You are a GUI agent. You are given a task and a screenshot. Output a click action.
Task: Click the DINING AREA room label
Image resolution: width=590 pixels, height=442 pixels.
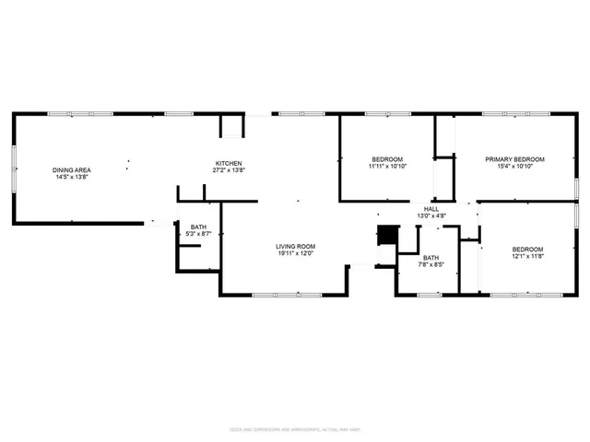[70, 169]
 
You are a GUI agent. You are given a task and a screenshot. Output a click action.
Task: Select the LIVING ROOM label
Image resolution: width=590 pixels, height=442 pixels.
[296, 246]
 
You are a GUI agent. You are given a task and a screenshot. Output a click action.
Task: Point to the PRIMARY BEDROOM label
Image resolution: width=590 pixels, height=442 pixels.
[515, 159]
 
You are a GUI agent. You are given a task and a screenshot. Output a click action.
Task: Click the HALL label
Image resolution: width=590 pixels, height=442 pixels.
[431, 209]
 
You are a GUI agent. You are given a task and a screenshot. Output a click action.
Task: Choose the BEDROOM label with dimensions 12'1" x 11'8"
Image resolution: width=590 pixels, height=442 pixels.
[527, 250]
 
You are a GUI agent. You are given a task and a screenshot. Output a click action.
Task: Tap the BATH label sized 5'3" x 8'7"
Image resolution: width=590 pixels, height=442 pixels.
[198, 227]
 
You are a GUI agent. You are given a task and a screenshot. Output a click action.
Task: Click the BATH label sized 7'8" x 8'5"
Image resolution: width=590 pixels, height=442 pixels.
[431, 258]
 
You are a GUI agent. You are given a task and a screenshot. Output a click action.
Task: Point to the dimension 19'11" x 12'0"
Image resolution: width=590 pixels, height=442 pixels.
[296, 253]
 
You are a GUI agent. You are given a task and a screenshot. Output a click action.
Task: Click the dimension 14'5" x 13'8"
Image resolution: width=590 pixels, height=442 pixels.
[70, 177]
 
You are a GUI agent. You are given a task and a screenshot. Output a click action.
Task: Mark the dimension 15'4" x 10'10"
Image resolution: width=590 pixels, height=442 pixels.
[515, 167]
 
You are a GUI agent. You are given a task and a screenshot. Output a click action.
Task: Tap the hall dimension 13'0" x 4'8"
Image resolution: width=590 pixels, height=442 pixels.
[431, 216]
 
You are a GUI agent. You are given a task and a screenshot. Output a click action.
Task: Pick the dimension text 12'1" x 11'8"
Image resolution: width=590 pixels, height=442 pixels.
[527, 257]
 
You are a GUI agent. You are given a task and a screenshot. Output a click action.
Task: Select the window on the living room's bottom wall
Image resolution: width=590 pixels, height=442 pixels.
[275, 295]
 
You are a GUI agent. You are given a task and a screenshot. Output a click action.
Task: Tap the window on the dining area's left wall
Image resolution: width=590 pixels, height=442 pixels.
[13, 168]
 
